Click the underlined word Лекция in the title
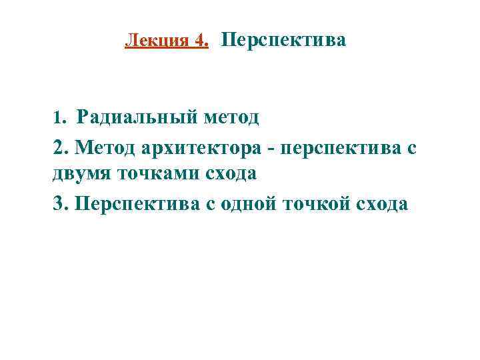pos(157,41)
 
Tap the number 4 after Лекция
pos(201,41)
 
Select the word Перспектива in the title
pos(283,41)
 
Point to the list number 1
pos(57,119)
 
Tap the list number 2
pos(57,147)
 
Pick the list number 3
pos(57,203)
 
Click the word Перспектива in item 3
pos(136,203)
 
